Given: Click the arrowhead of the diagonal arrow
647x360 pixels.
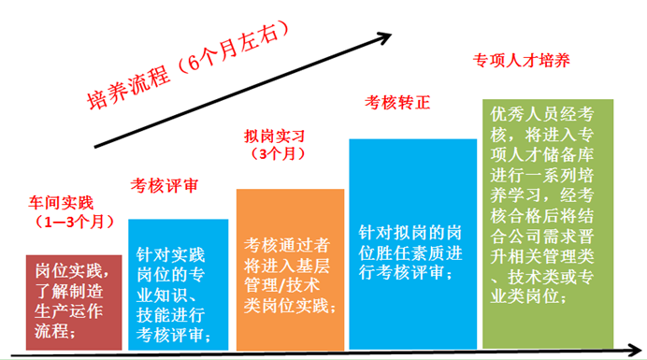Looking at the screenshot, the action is (383, 38).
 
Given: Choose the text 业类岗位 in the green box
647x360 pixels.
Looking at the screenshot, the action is (525, 297).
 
